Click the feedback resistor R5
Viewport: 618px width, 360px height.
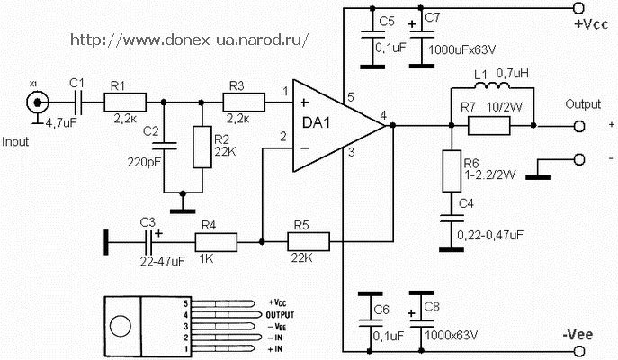click(308, 241)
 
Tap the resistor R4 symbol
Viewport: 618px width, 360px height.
click(216, 241)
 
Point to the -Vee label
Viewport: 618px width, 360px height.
click(580, 335)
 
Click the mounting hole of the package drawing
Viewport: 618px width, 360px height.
click(121, 324)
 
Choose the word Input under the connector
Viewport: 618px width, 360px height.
click(18, 142)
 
